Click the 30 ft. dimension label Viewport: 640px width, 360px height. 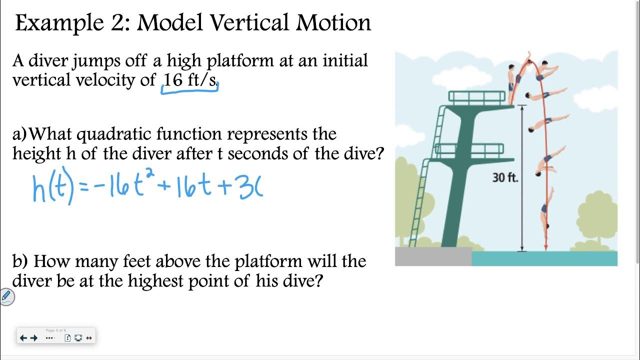pos(505,177)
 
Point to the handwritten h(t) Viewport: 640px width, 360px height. pos(53,188)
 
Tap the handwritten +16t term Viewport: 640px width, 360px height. pos(187,188)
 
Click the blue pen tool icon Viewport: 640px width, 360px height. pos(6,296)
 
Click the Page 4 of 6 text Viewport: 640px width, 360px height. pos(55,330)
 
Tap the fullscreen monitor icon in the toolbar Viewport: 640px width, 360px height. pos(78,338)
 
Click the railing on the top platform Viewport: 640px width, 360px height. pos(476,97)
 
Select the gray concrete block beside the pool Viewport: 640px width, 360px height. pos(433,256)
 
